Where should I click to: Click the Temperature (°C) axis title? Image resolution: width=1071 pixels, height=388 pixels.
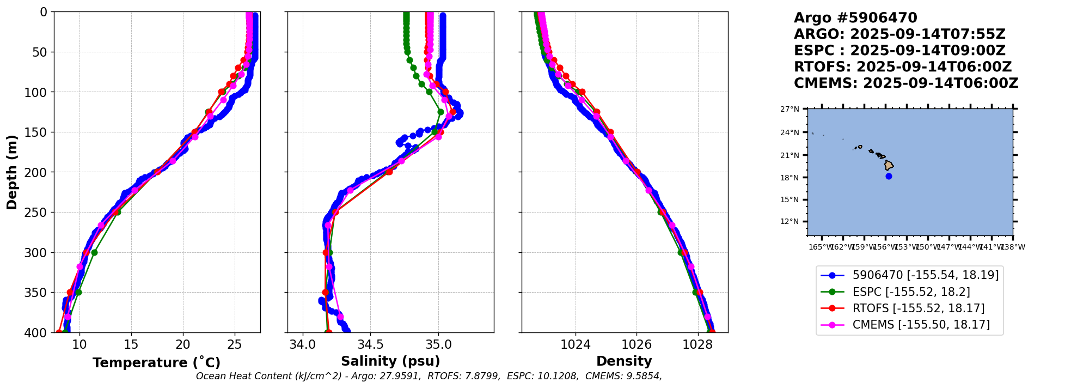click(x=156, y=363)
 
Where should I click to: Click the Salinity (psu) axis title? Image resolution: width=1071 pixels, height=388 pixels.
click(x=390, y=361)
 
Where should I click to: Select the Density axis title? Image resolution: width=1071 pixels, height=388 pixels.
click(x=624, y=361)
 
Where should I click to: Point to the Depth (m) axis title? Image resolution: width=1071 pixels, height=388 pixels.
click(x=12, y=172)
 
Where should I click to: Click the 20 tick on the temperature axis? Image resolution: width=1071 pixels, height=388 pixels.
click(x=183, y=344)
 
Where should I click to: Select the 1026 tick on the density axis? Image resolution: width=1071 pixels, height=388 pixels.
click(x=637, y=344)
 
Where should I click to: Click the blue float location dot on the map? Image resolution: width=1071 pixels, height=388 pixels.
click(x=889, y=176)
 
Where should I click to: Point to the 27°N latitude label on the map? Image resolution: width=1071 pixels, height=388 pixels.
click(x=790, y=109)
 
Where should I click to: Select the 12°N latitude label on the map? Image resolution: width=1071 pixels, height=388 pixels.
click(x=790, y=221)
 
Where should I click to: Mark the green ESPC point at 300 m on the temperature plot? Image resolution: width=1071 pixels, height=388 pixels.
click(x=94, y=252)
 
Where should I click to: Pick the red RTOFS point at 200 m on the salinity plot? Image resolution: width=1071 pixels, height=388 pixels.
click(x=389, y=172)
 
